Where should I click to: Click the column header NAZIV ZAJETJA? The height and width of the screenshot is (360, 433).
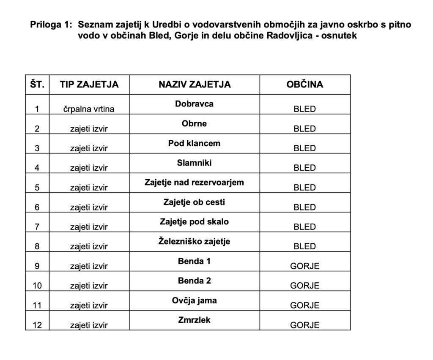pos(195,85)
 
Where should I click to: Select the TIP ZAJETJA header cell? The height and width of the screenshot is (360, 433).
pos(89,85)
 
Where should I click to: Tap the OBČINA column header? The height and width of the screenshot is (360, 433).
pos(304,85)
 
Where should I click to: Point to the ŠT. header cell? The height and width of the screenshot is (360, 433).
pos(37,85)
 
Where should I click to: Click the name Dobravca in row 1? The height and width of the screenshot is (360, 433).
pos(195,104)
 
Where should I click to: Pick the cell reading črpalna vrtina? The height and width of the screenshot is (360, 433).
pos(89,109)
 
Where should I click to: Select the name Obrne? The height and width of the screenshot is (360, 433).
pos(195,124)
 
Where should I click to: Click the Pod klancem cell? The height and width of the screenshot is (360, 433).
pos(195,143)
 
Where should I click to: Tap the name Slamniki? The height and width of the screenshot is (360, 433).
pos(195,163)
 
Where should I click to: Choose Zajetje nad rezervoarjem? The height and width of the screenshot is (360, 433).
pos(195,183)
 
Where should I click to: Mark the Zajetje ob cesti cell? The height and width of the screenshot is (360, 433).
pos(195,202)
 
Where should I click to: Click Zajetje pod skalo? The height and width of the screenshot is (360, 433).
pos(195,221)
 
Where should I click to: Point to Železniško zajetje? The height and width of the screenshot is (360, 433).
pos(195,241)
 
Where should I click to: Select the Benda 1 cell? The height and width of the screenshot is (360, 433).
pos(195,261)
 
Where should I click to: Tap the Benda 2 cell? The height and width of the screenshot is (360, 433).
pos(195,281)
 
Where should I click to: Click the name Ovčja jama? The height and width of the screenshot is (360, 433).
pos(195,300)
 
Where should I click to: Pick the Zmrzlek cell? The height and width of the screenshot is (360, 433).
pos(195,320)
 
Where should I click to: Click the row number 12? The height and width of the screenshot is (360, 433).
pos(37,325)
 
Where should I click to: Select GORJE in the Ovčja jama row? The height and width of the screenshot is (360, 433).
pos(304,305)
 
